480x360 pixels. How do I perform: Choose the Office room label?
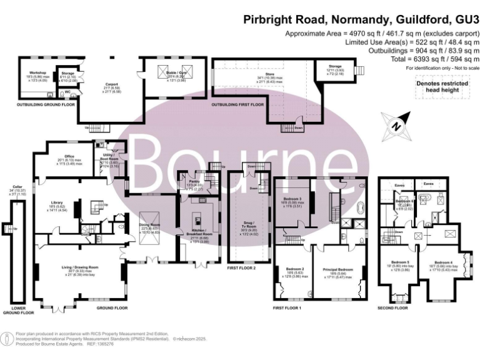(61, 157)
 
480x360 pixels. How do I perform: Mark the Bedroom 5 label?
(400, 262)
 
